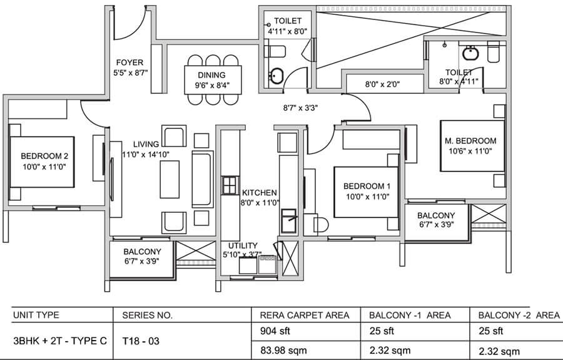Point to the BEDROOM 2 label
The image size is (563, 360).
coord(44,156)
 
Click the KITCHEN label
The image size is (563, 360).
coord(260,193)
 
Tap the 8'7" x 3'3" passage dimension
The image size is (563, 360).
coord(300,108)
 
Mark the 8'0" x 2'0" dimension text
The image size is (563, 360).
coord(382,84)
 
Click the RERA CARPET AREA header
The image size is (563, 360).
coord(300,314)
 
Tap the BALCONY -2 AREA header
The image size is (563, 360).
coord(518,314)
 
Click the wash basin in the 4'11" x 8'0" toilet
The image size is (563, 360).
coord(276,76)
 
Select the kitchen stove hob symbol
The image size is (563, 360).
coord(228,186)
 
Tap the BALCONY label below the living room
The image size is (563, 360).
coord(140,251)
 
